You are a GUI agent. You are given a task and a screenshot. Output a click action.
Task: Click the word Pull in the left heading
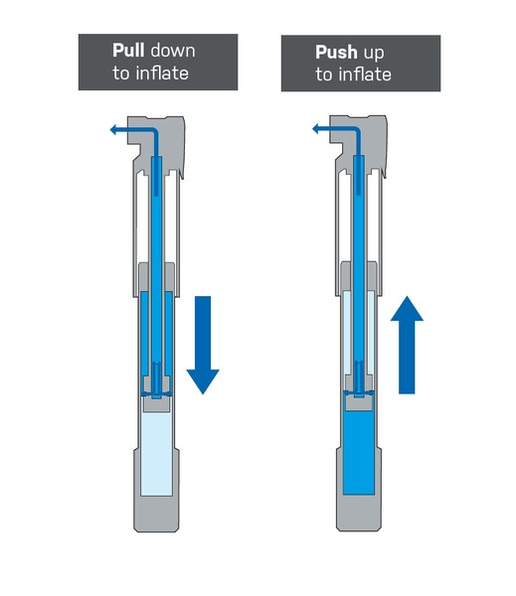(128, 51)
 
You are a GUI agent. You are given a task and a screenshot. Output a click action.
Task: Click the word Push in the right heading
(336, 52)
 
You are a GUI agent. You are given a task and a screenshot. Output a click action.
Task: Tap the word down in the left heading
(173, 51)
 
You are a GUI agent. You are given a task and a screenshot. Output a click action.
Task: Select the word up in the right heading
(374, 54)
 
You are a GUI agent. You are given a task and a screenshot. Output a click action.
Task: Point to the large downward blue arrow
(203, 345)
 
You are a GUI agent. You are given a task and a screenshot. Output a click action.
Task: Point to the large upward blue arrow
(407, 345)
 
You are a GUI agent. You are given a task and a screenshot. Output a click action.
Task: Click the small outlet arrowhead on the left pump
(113, 130)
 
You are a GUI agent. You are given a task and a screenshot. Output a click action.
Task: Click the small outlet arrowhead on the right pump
(315, 129)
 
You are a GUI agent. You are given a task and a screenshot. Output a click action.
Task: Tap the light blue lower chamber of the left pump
(156, 454)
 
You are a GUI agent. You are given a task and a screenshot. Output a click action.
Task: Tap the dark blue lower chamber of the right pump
(359, 453)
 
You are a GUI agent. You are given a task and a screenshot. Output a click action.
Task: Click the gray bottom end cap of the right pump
(359, 512)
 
